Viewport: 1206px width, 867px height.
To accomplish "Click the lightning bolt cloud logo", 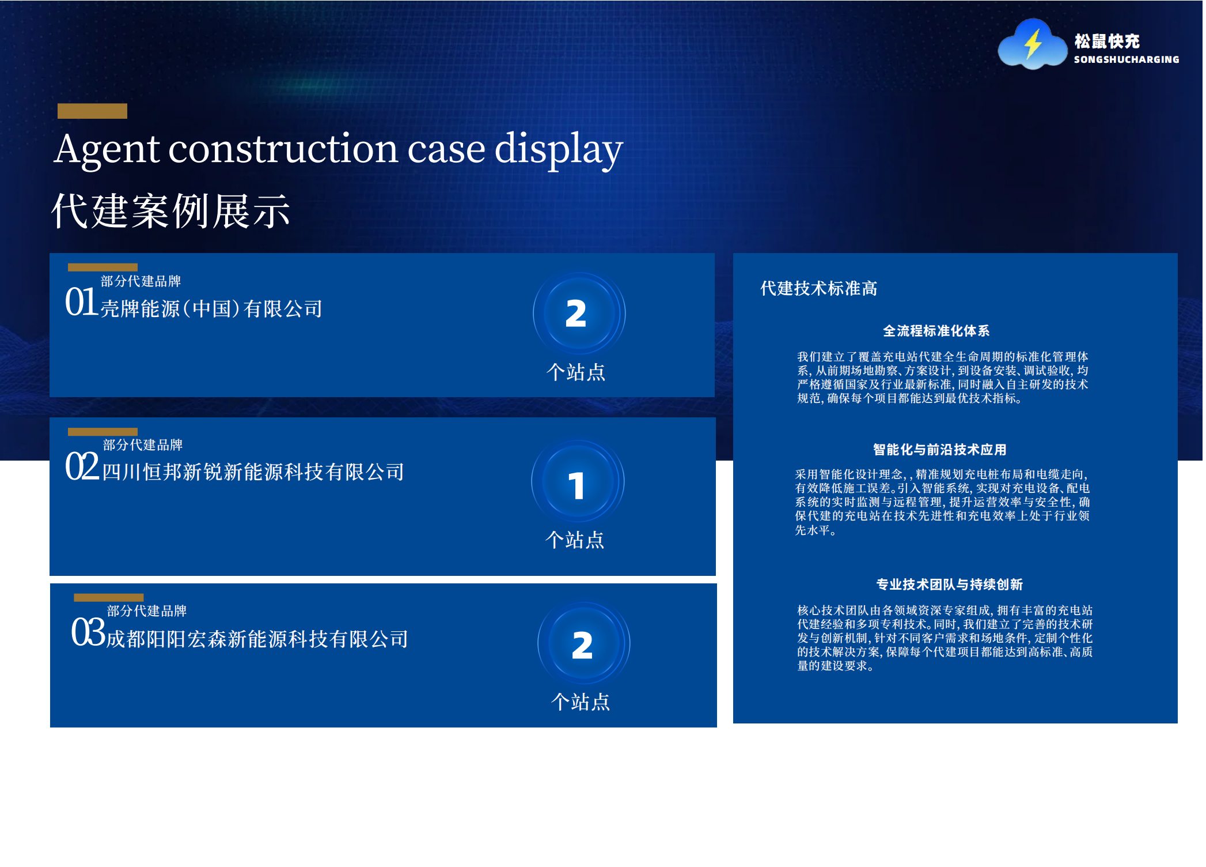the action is point(1032,44).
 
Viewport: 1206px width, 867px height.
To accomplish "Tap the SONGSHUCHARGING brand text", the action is point(1126,59).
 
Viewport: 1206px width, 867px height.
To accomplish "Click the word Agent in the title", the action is point(107,150).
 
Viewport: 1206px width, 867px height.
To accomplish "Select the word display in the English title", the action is point(559,150).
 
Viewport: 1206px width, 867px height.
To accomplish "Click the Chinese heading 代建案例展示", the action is point(171,212).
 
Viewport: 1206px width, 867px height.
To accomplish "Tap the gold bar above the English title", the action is point(92,111).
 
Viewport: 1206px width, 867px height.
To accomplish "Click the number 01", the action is point(81,301).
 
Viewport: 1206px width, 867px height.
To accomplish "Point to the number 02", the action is point(82,466).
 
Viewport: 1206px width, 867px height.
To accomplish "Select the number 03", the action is point(88,632).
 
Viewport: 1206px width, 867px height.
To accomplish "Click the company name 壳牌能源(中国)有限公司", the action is point(211,309).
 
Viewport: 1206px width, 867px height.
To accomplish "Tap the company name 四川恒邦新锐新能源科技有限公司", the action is point(253,472).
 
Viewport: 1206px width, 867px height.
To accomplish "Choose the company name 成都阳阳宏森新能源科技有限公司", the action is point(257,639).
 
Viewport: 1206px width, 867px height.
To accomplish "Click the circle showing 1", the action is point(578,481).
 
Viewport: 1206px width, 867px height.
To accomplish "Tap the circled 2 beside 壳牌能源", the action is point(579,314).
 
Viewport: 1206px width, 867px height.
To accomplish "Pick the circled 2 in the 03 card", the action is point(583,643).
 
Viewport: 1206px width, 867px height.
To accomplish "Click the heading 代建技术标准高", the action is point(818,288).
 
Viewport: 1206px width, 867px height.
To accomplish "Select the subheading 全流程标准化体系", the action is point(936,331).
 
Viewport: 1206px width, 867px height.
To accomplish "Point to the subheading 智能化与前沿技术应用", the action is point(939,450).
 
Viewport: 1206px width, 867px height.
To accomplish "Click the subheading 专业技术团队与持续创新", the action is point(949,585).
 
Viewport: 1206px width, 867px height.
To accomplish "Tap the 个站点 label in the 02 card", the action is point(575,540).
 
